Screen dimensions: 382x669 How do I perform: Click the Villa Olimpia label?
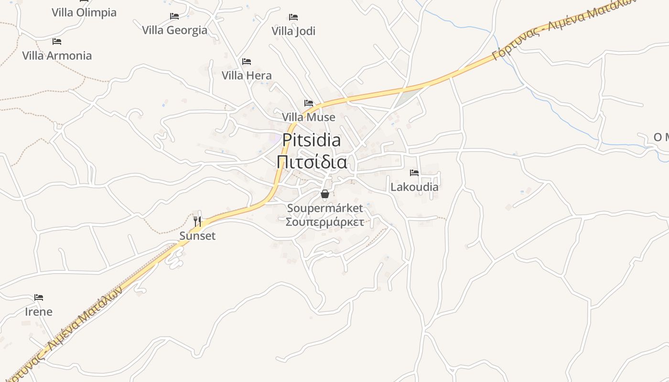pyautogui.click(x=84, y=12)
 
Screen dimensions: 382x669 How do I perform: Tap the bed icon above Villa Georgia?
pyautogui.click(x=174, y=16)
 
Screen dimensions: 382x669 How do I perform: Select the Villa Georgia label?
pyautogui.click(x=175, y=31)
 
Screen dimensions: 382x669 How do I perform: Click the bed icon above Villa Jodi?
pyautogui.click(x=293, y=17)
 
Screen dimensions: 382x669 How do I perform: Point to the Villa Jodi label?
pyautogui.click(x=293, y=31)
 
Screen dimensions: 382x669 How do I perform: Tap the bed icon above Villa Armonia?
pyautogui.click(x=57, y=42)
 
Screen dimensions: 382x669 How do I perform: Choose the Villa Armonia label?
pyautogui.click(x=57, y=56)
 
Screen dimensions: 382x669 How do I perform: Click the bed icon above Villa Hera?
pyautogui.click(x=247, y=61)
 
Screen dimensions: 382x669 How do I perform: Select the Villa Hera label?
pyautogui.click(x=247, y=75)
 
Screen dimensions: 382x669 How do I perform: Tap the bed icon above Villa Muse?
pyautogui.click(x=309, y=103)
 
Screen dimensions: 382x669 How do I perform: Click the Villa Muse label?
pyautogui.click(x=309, y=117)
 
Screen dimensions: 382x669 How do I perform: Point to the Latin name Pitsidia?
pyautogui.click(x=312, y=140)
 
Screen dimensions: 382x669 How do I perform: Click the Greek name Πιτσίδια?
pyautogui.click(x=312, y=162)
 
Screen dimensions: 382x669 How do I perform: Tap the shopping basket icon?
pyautogui.click(x=325, y=194)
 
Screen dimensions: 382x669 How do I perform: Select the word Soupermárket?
pyautogui.click(x=325, y=208)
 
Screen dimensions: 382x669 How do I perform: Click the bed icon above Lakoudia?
pyautogui.click(x=414, y=172)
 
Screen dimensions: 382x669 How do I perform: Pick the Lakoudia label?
pyautogui.click(x=414, y=187)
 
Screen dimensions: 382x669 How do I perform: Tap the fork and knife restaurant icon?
pyautogui.click(x=197, y=221)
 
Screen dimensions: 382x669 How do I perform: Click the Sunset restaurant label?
pyautogui.click(x=197, y=236)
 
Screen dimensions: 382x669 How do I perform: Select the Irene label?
pyautogui.click(x=39, y=312)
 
